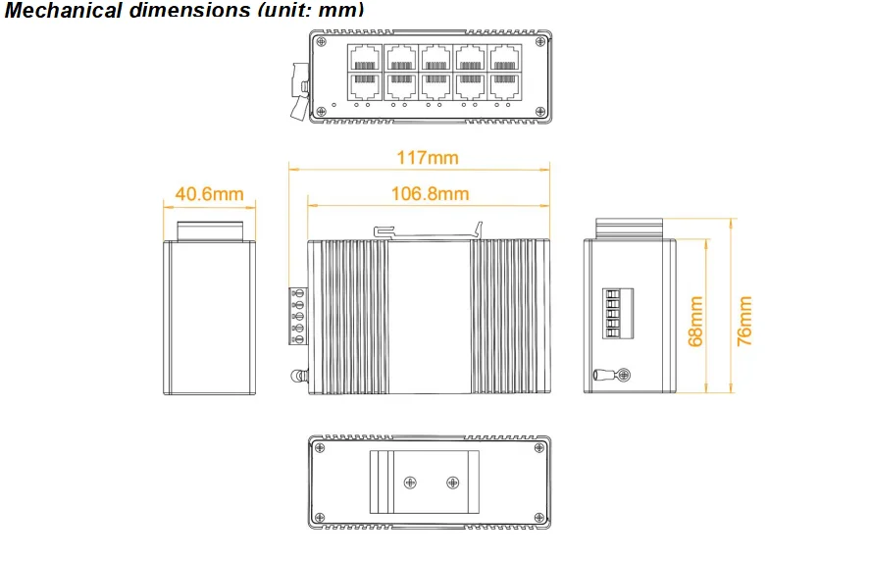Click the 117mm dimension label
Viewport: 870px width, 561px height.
pyautogui.click(x=427, y=158)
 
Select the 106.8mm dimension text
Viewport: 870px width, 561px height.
pyautogui.click(x=430, y=193)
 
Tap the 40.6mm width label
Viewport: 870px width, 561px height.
pyautogui.click(x=209, y=194)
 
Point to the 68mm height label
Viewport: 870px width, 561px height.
pyautogui.click(x=695, y=322)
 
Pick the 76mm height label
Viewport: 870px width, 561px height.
pyautogui.click(x=744, y=321)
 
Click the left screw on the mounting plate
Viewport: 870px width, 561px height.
pyautogui.click(x=411, y=482)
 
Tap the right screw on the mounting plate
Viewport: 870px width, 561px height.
pyautogui.click(x=452, y=482)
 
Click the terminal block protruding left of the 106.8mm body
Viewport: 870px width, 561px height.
pyautogui.click(x=298, y=316)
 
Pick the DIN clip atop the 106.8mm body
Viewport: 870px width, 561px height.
pyautogui.click(x=430, y=231)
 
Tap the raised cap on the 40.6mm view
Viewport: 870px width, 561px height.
pyautogui.click(x=209, y=230)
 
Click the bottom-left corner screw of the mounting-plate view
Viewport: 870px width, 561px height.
pyautogui.click(x=320, y=516)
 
